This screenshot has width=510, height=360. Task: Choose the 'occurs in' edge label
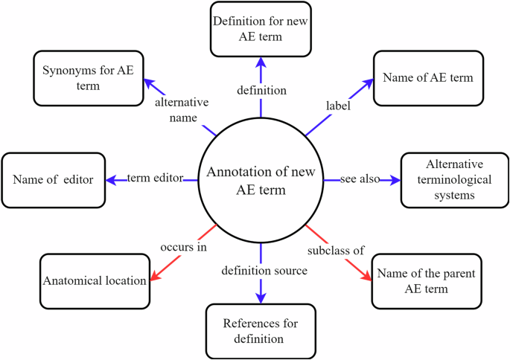[183, 247]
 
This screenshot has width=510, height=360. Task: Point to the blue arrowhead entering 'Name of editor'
[112, 179]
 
